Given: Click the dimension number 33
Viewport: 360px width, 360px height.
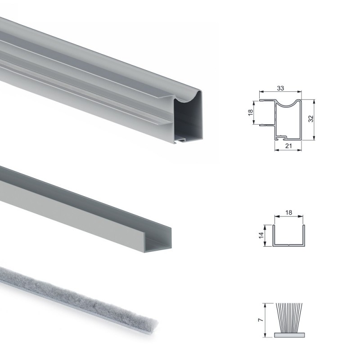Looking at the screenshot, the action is (280, 88).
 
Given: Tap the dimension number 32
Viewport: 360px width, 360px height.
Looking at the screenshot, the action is (310, 119).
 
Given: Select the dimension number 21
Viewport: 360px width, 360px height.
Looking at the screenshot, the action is (288, 146).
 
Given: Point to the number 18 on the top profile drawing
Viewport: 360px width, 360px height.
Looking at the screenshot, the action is (251, 112).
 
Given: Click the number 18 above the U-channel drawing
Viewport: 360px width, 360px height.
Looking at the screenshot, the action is (288, 212).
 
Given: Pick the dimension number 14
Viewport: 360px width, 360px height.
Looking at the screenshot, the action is (261, 235).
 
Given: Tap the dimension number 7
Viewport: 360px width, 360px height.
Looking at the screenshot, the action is (261, 320).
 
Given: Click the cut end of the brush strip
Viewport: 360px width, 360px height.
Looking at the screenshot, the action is (153, 324).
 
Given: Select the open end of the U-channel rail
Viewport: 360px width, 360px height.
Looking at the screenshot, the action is (158, 241).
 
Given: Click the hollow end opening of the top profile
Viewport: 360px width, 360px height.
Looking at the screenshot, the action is (188, 119).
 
